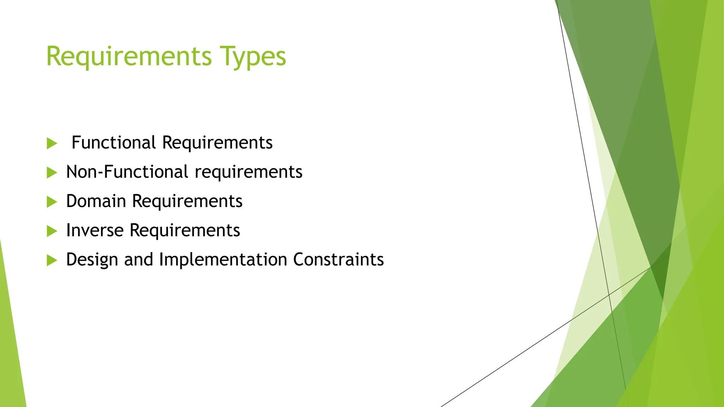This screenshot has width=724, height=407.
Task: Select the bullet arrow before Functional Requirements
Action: point(52,143)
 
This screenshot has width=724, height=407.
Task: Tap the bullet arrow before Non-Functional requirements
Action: point(52,173)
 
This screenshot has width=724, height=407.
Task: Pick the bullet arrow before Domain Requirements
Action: point(52,202)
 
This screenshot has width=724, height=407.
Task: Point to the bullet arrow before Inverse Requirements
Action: point(52,231)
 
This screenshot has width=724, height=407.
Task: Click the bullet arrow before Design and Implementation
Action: point(52,261)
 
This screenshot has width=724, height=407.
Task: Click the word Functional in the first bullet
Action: point(113,143)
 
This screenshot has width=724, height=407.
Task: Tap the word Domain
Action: point(96,201)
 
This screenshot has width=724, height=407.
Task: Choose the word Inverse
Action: point(95,231)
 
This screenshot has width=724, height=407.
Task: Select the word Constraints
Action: point(338,260)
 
